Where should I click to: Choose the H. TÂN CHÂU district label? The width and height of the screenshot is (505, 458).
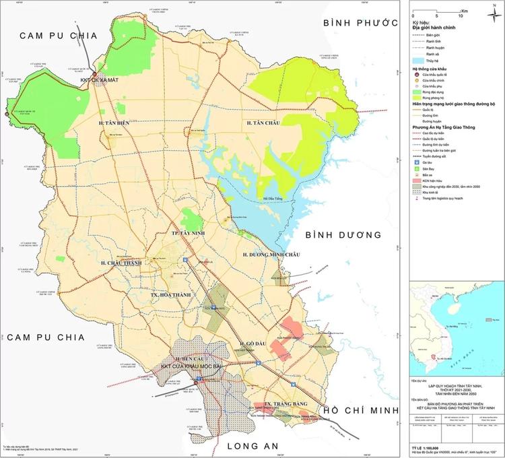[x=263, y=123]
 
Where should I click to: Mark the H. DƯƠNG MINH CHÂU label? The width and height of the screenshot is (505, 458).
[x=272, y=255]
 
